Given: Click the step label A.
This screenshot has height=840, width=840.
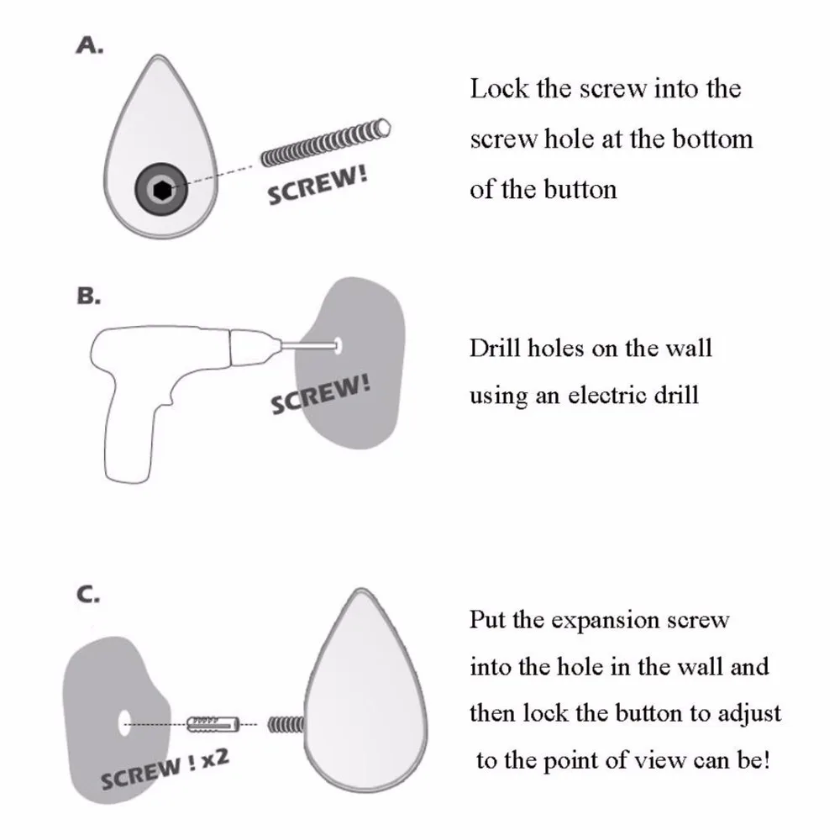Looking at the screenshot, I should (90, 47).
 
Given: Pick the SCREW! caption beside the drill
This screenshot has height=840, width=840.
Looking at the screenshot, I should (321, 395).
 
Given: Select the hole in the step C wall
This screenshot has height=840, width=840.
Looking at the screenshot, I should (124, 720).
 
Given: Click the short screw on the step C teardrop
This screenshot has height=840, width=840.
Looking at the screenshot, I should (286, 722).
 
